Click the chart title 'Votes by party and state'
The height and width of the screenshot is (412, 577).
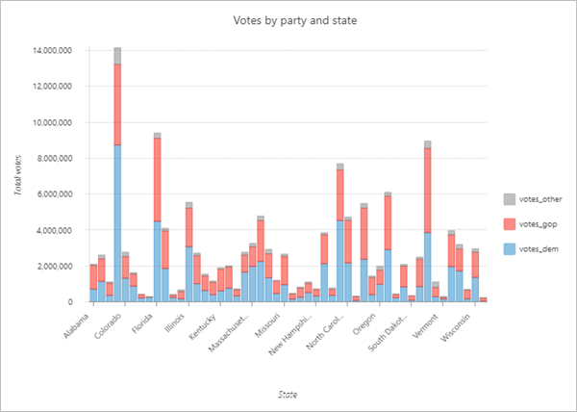(288, 20)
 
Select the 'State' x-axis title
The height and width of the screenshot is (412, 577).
(288, 393)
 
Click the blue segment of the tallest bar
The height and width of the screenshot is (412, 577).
(117, 221)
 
